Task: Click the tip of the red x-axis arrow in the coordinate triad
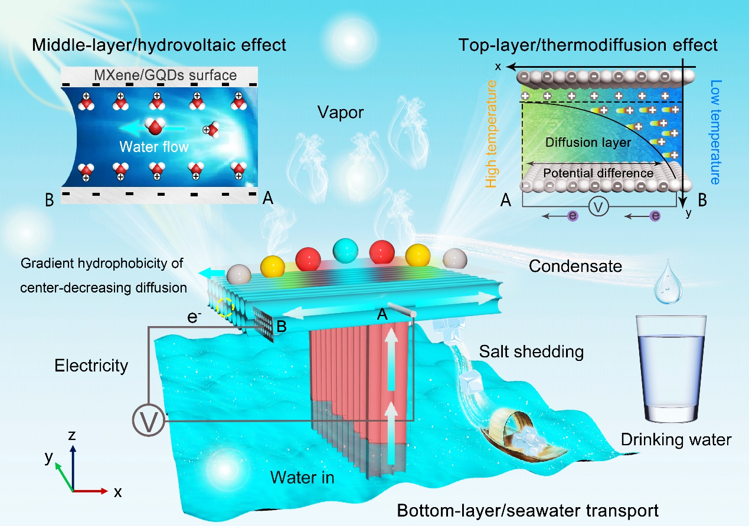[x=107, y=491]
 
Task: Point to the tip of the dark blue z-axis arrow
[x=73, y=445]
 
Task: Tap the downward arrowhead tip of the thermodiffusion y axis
[x=682, y=208]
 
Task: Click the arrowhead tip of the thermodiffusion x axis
[x=506, y=67]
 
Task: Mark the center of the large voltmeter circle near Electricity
[x=149, y=420]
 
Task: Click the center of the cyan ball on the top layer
[x=345, y=251]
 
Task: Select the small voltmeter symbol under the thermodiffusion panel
[x=598, y=207]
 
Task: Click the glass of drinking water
[x=670, y=369]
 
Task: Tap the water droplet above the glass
[x=668, y=283]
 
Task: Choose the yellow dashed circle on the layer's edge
[x=225, y=307]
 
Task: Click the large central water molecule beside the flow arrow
[x=155, y=126]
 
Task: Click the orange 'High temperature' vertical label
[x=491, y=134]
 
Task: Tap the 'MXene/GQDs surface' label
[x=165, y=75]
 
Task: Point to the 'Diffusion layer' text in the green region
[x=588, y=143]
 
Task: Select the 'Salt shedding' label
[x=531, y=351]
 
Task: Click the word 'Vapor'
[x=341, y=113]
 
